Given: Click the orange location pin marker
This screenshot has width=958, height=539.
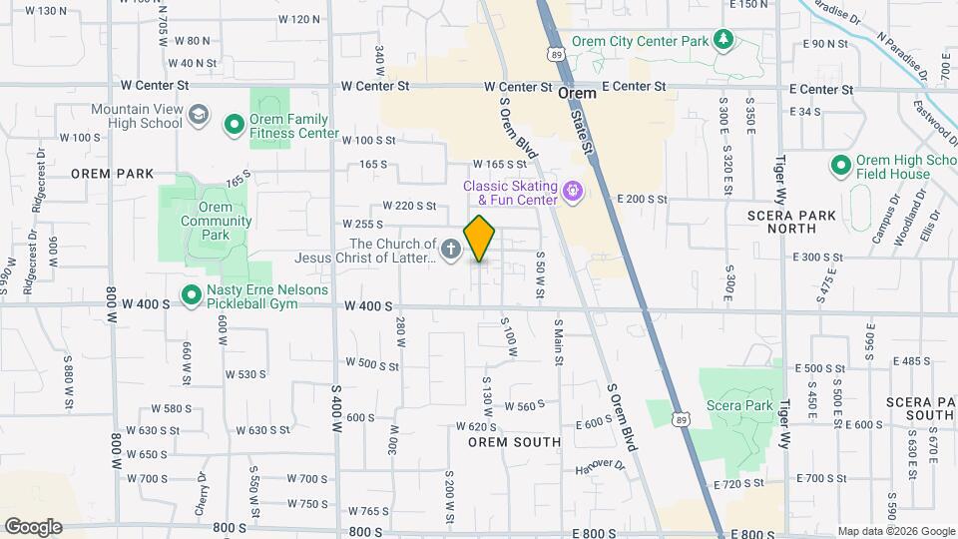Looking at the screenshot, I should coord(480,238).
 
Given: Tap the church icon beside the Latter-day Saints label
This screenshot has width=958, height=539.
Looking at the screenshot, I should coord(450,250).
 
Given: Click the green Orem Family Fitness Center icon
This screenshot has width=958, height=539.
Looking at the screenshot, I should coord(235,125).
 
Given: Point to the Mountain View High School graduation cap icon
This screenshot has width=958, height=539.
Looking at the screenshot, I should coord(198,115).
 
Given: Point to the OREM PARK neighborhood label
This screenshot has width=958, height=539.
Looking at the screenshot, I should coord(112,173).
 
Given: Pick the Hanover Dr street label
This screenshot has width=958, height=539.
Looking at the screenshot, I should coord(600,466).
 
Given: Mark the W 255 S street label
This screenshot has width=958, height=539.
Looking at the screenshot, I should coord(362,225).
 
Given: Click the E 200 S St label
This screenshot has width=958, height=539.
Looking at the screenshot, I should coord(641,200).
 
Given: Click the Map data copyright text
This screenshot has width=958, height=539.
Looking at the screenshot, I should coord(894,531).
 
